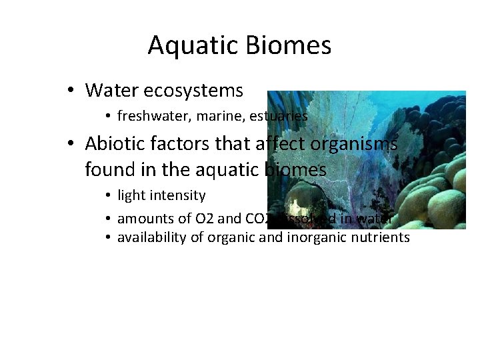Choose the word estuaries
tap(279, 116)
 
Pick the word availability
tap(149, 237)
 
